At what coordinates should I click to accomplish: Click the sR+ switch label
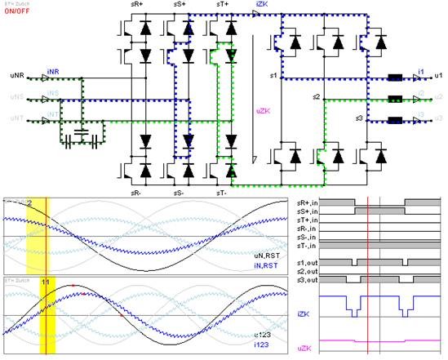[x=140, y=5]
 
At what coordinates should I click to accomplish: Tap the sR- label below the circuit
[x=140, y=192]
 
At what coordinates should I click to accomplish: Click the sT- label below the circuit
[x=221, y=192]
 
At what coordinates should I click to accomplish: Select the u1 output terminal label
[x=439, y=74]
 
